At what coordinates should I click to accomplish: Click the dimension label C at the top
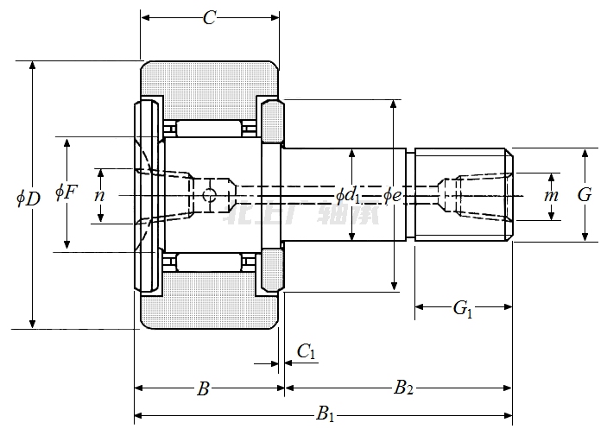point(209,17)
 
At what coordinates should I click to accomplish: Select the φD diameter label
point(28,198)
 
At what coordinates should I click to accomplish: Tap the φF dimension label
point(66,191)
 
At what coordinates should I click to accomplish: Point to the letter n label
point(100,195)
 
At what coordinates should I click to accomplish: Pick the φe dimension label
point(393,194)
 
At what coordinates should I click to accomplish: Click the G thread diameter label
point(585,194)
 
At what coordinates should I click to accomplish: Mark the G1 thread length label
point(464,308)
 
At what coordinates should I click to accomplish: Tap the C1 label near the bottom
point(307,350)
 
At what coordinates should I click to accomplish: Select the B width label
point(204,388)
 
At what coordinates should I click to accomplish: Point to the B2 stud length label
point(403,388)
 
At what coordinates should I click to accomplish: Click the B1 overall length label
point(326,415)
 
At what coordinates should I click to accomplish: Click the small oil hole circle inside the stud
point(208,196)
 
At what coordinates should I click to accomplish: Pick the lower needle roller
point(208,262)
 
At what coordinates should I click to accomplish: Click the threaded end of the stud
point(463,195)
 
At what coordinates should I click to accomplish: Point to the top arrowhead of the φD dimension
point(34,67)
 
